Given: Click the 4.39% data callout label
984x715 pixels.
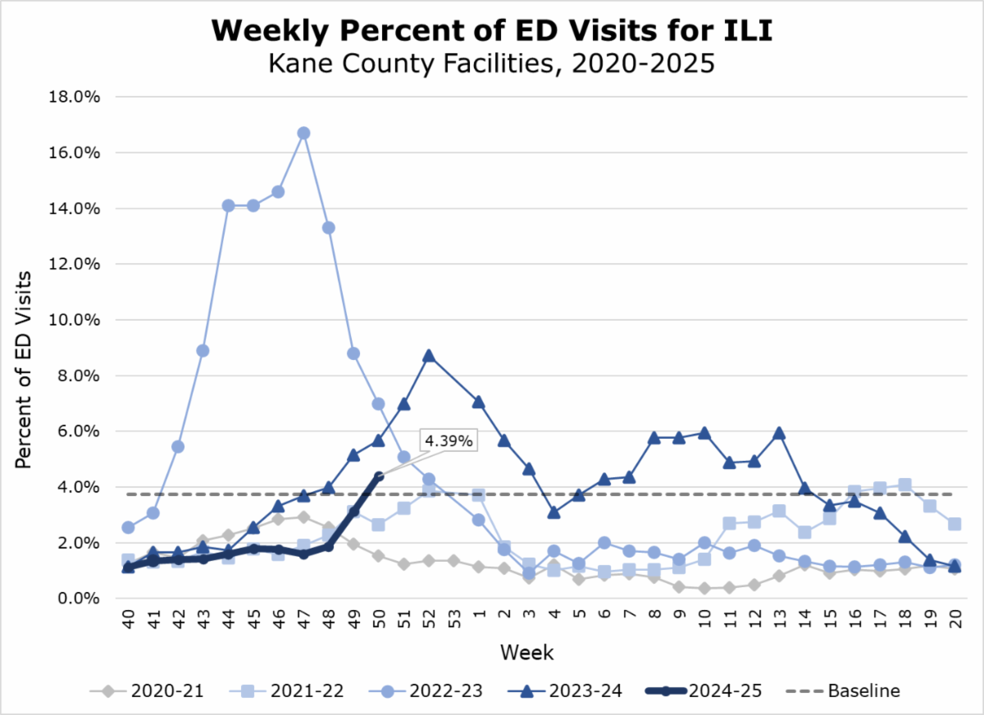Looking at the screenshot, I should [449, 440].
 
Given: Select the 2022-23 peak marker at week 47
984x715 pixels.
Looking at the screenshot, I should [303, 133].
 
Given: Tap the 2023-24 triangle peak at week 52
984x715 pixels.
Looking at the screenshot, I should [428, 356].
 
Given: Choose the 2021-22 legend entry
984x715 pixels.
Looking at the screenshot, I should [273, 691].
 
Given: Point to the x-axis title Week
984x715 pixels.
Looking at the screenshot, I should [527, 654].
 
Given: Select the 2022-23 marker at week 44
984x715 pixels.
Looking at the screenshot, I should [229, 206].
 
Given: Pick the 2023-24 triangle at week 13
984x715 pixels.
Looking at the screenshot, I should [778, 433].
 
